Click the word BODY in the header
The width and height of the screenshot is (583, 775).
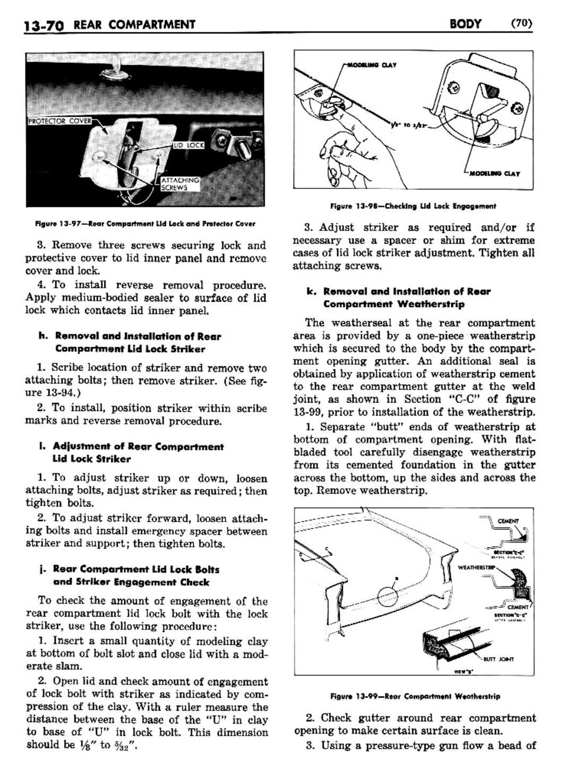pos(465,23)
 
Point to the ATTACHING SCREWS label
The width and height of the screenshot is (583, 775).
pos(180,184)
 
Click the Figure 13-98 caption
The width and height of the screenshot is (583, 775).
pos(413,206)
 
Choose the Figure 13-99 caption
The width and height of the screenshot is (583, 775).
pos(414,696)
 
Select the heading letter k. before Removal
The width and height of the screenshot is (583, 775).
pos(311,291)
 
